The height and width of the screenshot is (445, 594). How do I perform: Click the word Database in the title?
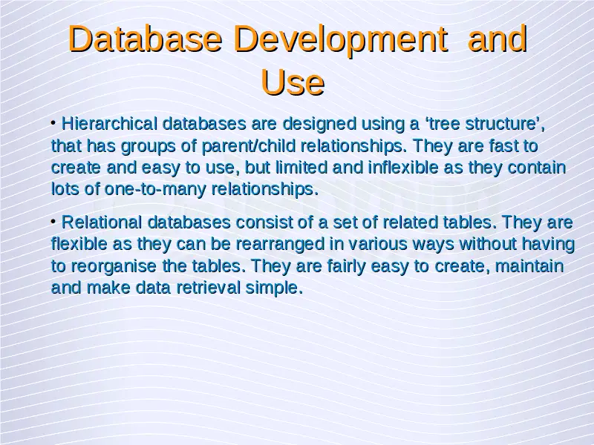(x=145, y=39)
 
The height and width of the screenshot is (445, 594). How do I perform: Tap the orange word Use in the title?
(x=293, y=82)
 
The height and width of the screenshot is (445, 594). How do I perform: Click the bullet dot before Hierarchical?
(x=53, y=122)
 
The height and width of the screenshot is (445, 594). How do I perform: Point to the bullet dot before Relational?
(x=53, y=221)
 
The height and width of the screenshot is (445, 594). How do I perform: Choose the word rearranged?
(x=281, y=245)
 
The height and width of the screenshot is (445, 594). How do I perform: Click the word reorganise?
(x=114, y=266)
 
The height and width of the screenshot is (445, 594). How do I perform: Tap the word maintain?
(x=529, y=266)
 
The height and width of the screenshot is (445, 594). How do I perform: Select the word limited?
(x=301, y=168)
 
